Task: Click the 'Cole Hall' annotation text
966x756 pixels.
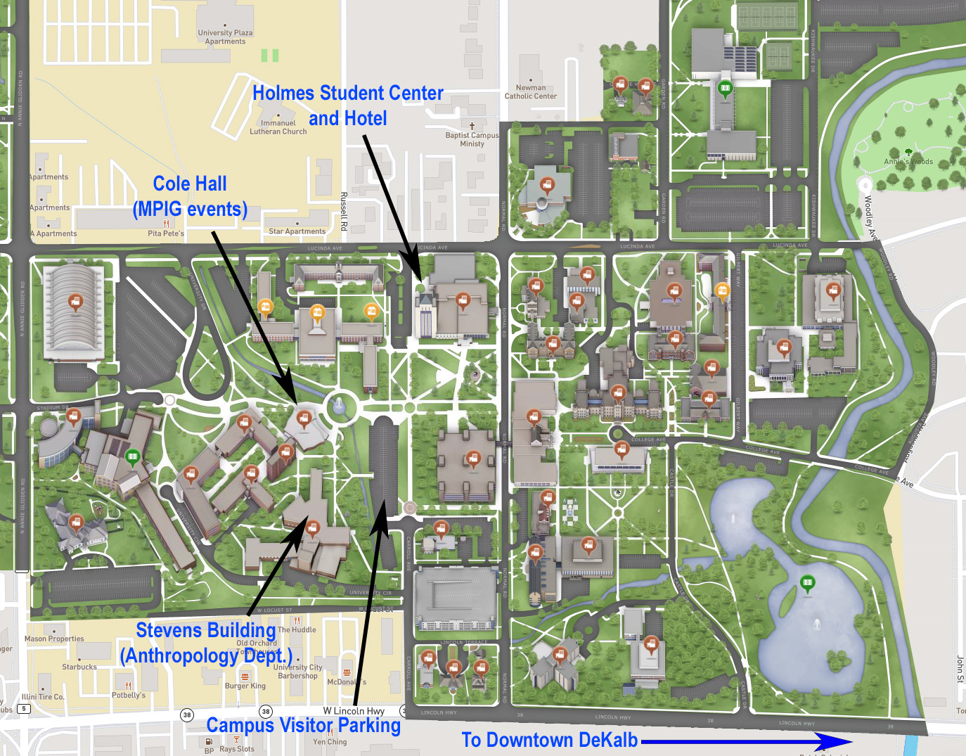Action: pyautogui.click(x=190, y=184)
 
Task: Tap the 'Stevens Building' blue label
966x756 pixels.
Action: pyautogui.click(x=205, y=630)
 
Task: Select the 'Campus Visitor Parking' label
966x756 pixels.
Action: pyautogui.click(x=303, y=725)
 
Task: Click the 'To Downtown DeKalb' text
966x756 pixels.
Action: pyautogui.click(x=549, y=740)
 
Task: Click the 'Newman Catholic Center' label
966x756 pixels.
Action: pyautogui.click(x=531, y=92)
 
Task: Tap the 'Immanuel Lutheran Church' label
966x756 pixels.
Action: pyautogui.click(x=278, y=127)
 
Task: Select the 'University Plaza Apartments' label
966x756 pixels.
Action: pyautogui.click(x=225, y=37)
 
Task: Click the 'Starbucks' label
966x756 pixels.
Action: pyautogui.click(x=79, y=667)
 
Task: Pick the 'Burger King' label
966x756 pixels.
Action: pyautogui.click(x=245, y=686)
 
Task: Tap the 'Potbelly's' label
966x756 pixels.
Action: pyautogui.click(x=129, y=695)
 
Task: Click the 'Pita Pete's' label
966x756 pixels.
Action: pyautogui.click(x=166, y=233)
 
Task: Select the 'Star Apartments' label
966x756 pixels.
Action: pyautogui.click(x=297, y=231)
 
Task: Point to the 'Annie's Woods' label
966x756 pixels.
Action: pyautogui.click(x=908, y=162)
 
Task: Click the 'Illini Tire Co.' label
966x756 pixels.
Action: pyautogui.click(x=43, y=697)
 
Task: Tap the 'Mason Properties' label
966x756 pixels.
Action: pyautogui.click(x=54, y=639)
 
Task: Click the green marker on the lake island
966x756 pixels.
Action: pyautogui.click(x=808, y=582)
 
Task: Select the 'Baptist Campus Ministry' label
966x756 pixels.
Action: pyautogui.click(x=472, y=139)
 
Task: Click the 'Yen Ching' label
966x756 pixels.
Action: pyautogui.click(x=330, y=742)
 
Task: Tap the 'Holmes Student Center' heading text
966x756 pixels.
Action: pyautogui.click(x=348, y=94)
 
